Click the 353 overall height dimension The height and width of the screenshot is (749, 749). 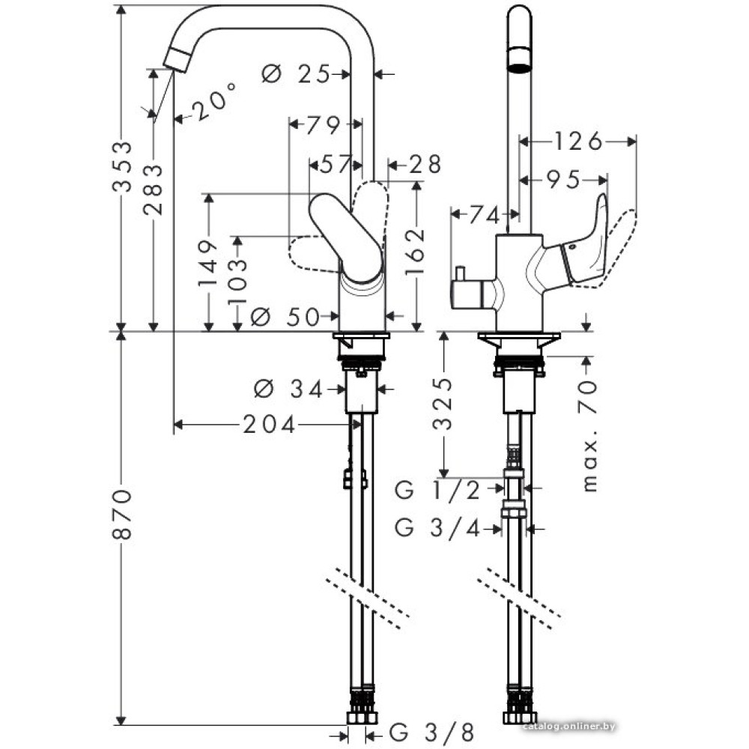pyautogui.click(x=121, y=166)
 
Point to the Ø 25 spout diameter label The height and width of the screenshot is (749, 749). pyautogui.click(x=297, y=73)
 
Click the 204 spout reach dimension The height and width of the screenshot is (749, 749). pyautogui.click(x=269, y=425)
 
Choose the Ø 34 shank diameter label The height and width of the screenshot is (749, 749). pyautogui.click(x=288, y=389)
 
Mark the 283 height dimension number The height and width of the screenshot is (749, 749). pyautogui.click(x=153, y=189)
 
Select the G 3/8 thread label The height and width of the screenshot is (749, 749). pyautogui.click(x=434, y=731)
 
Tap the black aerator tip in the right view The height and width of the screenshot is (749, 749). pyautogui.click(x=519, y=59)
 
